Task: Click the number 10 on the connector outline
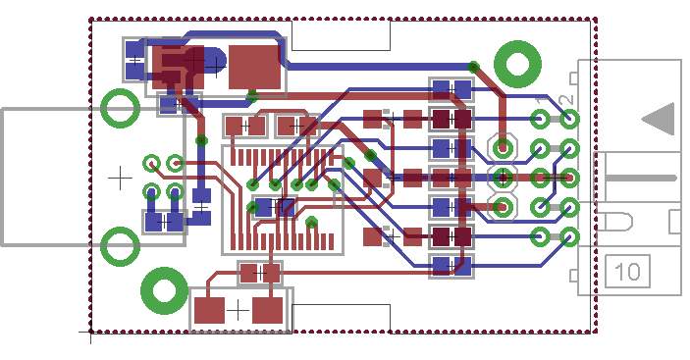click(x=627, y=272)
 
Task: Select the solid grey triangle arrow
click(x=659, y=119)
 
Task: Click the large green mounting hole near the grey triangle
click(x=517, y=64)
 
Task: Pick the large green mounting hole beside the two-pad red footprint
click(x=164, y=290)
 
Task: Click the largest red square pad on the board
click(x=254, y=68)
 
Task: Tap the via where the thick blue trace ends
click(x=473, y=68)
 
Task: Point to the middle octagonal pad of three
click(x=503, y=178)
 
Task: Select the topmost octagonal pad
click(x=503, y=148)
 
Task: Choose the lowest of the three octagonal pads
click(x=503, y=207)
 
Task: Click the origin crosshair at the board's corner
click(x=90, y=333)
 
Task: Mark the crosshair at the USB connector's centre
click(x=120, y=178)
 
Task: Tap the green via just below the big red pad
click(x=252, y=96)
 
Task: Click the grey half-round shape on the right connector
click(x=619, y=222)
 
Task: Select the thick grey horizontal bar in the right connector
click(x=641, y=178)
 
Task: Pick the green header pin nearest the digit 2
click(x=570, y=119)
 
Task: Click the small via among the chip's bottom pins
click(x=311, y=223)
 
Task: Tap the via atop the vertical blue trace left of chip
click(x=201, y=140)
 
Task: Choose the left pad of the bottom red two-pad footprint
click(x=209, y=310)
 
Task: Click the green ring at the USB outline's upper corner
click(x=120, y=108)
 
